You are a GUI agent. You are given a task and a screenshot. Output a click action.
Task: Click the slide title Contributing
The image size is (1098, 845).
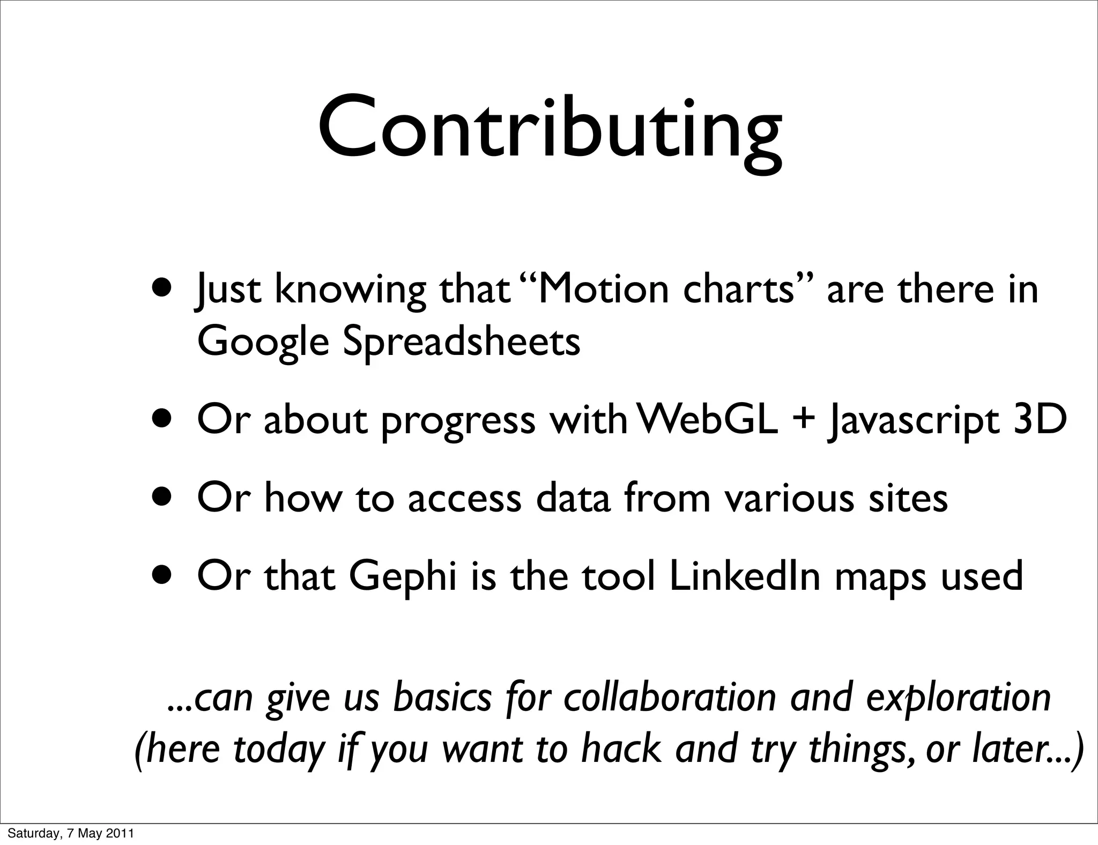coord(550,129)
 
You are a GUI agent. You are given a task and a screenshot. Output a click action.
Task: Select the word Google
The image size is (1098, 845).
coord(263,342)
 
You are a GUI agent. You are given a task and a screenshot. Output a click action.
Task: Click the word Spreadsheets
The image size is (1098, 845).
coord(461,342)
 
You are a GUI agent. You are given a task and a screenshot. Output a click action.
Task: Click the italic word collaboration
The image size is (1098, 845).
coord(669,698)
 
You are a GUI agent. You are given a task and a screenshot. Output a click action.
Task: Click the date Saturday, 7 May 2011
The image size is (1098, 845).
coord(70,833)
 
